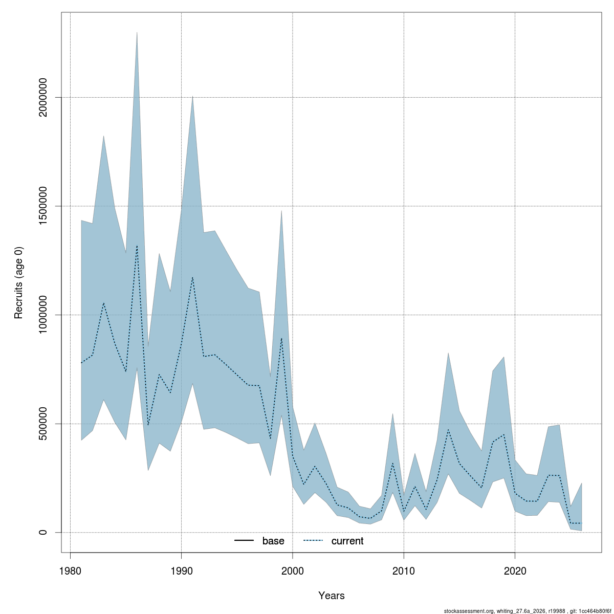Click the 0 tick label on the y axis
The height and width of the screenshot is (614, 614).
click(42, 533)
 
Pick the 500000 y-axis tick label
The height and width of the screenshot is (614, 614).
click(42, 424)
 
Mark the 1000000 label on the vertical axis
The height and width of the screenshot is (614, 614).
click(42, 315)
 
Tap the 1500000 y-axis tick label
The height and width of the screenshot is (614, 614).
click(42, 206)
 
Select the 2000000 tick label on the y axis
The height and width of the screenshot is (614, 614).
click(42, 97)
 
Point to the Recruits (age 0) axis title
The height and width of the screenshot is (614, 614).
click(18, 282)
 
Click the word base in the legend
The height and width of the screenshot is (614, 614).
click(273, 541)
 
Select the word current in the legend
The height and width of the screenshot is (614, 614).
click(347, 541)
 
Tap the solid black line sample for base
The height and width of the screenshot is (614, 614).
click(244, 540)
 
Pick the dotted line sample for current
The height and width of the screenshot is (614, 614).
click(313, 540)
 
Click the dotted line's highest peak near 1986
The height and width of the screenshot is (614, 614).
click(137, 245)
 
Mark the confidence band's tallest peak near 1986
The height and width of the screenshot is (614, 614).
click(137, 32)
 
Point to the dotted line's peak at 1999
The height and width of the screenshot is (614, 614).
click(281, 338)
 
